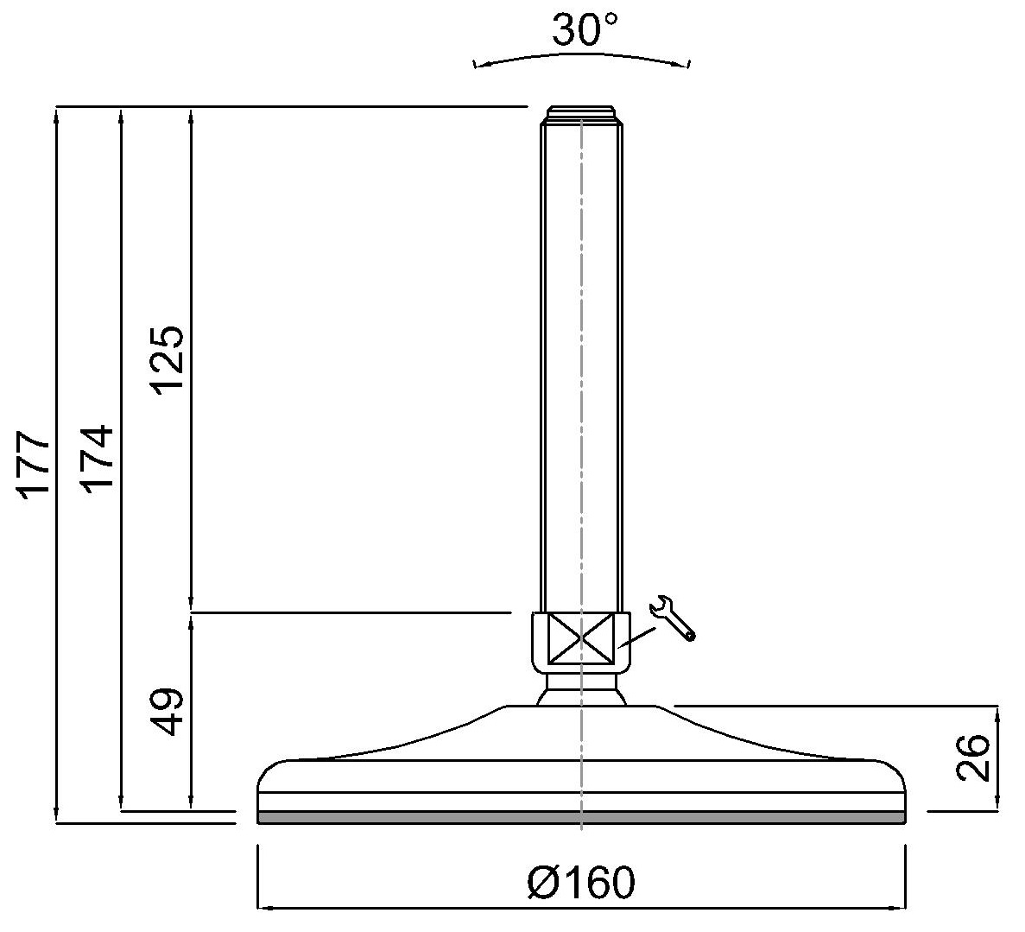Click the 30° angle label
(x=585, y=29)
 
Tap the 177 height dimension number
(x=35, y=465)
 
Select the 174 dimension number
(x=98, y=459)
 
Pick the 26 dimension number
(x=973, y=758)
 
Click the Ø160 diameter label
(x=581, y=882)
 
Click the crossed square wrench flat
(x=581, y=638)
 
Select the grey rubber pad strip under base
(x=582, y=817)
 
